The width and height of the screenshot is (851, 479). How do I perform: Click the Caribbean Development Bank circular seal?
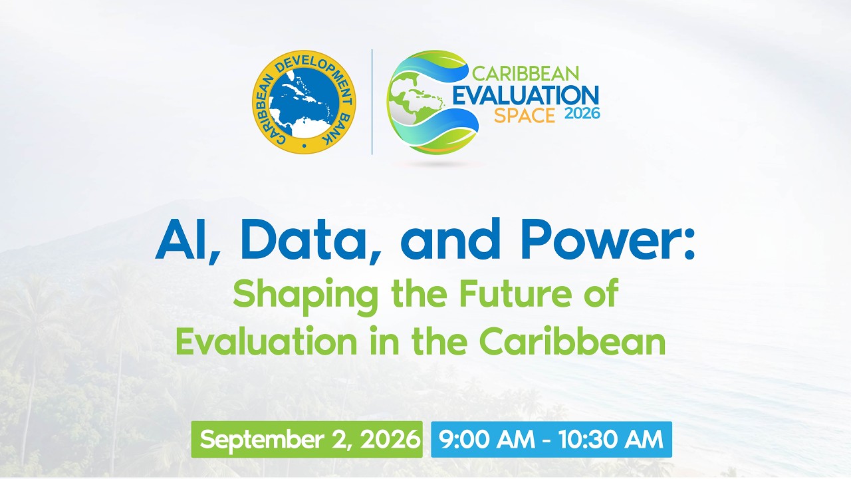[x=304, y=102]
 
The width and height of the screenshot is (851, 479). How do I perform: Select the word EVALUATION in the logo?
[x=526, y=95]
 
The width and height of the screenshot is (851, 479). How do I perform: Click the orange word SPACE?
[x=525, y=116]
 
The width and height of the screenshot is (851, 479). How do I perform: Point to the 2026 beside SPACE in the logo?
[x=582, y=113]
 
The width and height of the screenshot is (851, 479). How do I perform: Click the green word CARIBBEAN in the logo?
[x=525, y=74]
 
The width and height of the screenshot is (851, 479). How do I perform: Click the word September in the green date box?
[x=262, y=440]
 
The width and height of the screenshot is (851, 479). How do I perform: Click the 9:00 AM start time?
[x=487, y=439]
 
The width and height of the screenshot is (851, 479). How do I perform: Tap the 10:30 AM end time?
[x=611, y=439]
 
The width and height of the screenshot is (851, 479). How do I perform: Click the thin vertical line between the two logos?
[x=372, y=102]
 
